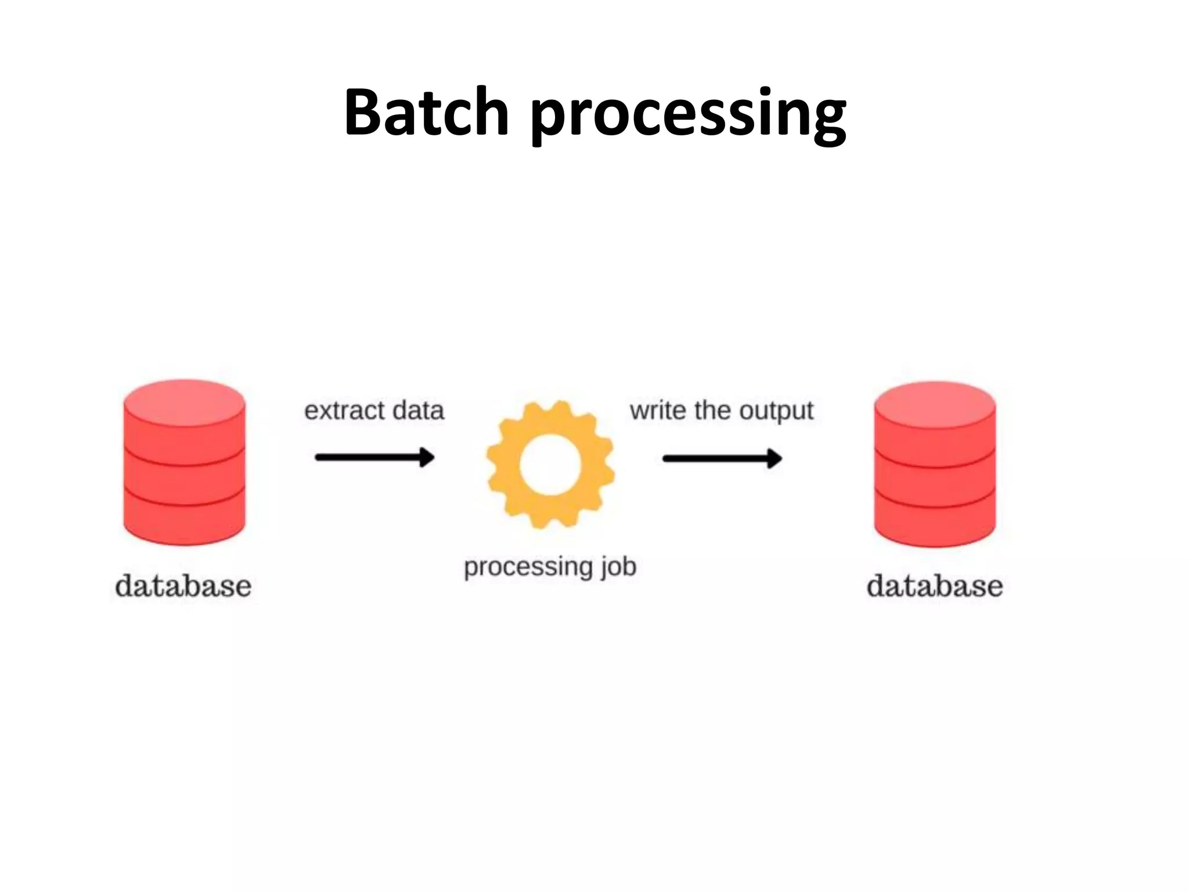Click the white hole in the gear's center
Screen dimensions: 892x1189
550,465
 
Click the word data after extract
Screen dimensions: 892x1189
418,411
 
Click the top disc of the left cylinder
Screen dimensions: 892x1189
184,401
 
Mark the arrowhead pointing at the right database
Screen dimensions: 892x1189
774,458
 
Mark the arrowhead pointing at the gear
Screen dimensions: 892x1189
427,458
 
